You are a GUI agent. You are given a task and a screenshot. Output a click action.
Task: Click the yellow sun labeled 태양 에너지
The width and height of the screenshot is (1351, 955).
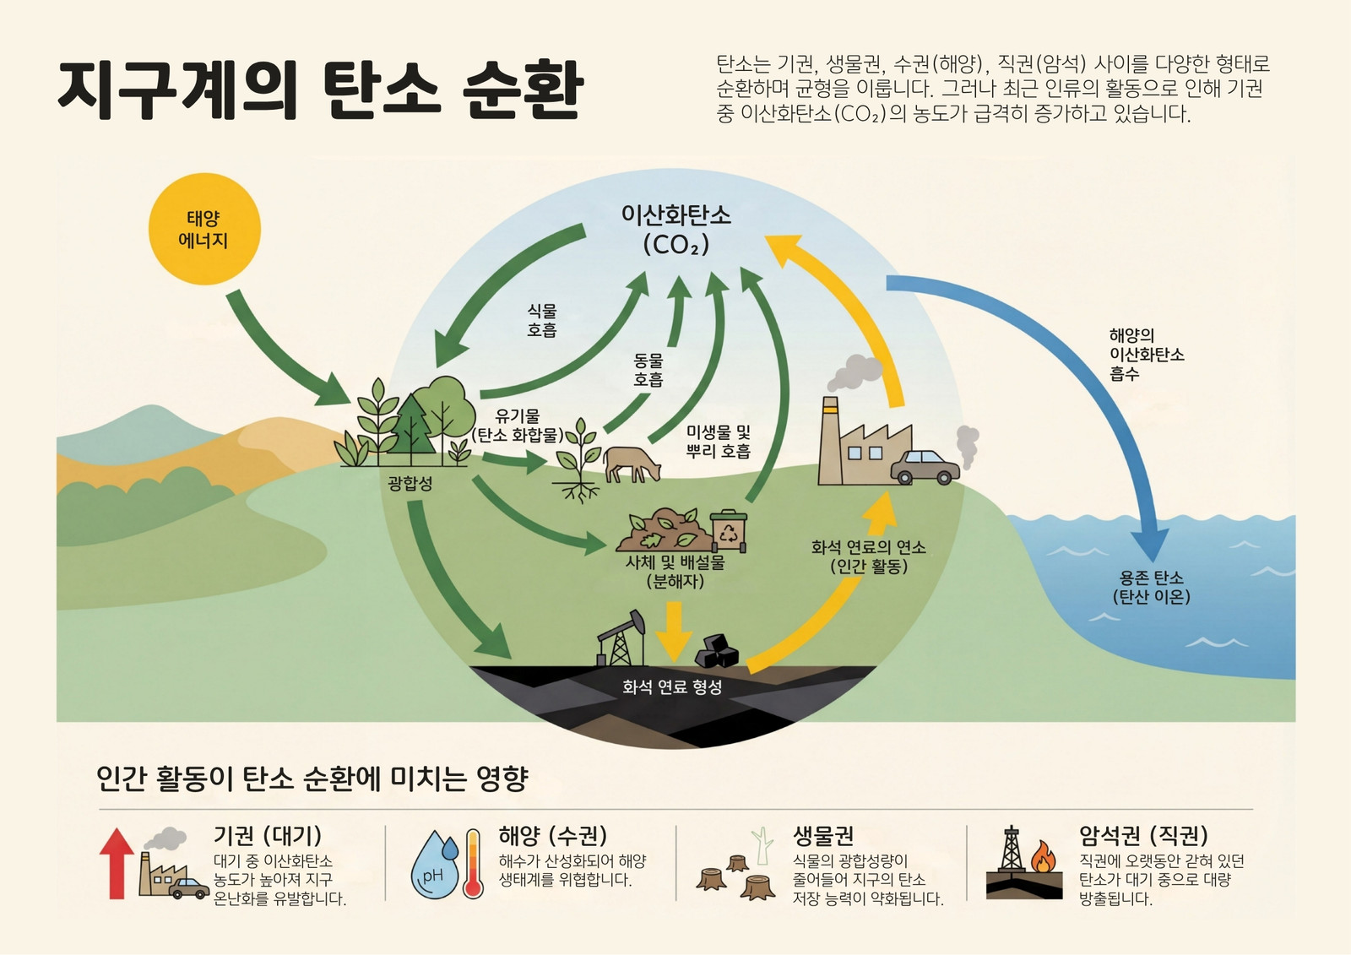point(204,229)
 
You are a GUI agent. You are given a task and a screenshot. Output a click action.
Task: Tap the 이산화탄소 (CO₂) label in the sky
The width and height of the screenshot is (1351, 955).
point(676,230)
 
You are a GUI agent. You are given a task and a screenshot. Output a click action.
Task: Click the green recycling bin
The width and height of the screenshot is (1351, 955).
point(729,531)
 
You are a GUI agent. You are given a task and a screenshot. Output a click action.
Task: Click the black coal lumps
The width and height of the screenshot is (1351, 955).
point(717,650)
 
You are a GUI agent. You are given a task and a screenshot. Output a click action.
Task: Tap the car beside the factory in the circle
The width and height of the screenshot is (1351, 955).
point(925,468)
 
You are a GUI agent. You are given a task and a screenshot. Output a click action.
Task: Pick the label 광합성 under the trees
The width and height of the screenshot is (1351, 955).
point(410,483)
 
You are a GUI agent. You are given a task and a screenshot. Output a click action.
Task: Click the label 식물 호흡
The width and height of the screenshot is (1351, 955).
point(541,320)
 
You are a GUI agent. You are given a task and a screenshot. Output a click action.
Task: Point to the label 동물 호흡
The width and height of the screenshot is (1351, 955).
point(648,370)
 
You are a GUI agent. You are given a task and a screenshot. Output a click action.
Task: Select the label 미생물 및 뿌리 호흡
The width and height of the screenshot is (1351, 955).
point(719,442)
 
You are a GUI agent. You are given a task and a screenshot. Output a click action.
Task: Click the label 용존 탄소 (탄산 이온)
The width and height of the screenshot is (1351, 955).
point(1152,588)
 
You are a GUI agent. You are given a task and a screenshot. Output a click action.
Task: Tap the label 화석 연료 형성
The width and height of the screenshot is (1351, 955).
point(672,686)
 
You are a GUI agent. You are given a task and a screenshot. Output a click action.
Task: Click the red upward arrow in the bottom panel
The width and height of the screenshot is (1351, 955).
point(117,863)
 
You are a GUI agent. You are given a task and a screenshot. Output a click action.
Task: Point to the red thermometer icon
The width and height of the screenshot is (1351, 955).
point(473,864)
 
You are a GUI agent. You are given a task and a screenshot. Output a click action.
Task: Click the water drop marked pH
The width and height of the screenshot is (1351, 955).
point(434,865)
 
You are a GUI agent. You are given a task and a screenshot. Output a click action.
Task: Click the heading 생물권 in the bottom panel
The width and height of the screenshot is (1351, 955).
point(822,836)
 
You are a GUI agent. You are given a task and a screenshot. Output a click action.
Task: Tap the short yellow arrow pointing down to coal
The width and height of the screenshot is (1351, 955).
point(675,632)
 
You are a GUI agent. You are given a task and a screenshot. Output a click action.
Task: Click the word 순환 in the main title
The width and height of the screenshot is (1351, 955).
point(523,90)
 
